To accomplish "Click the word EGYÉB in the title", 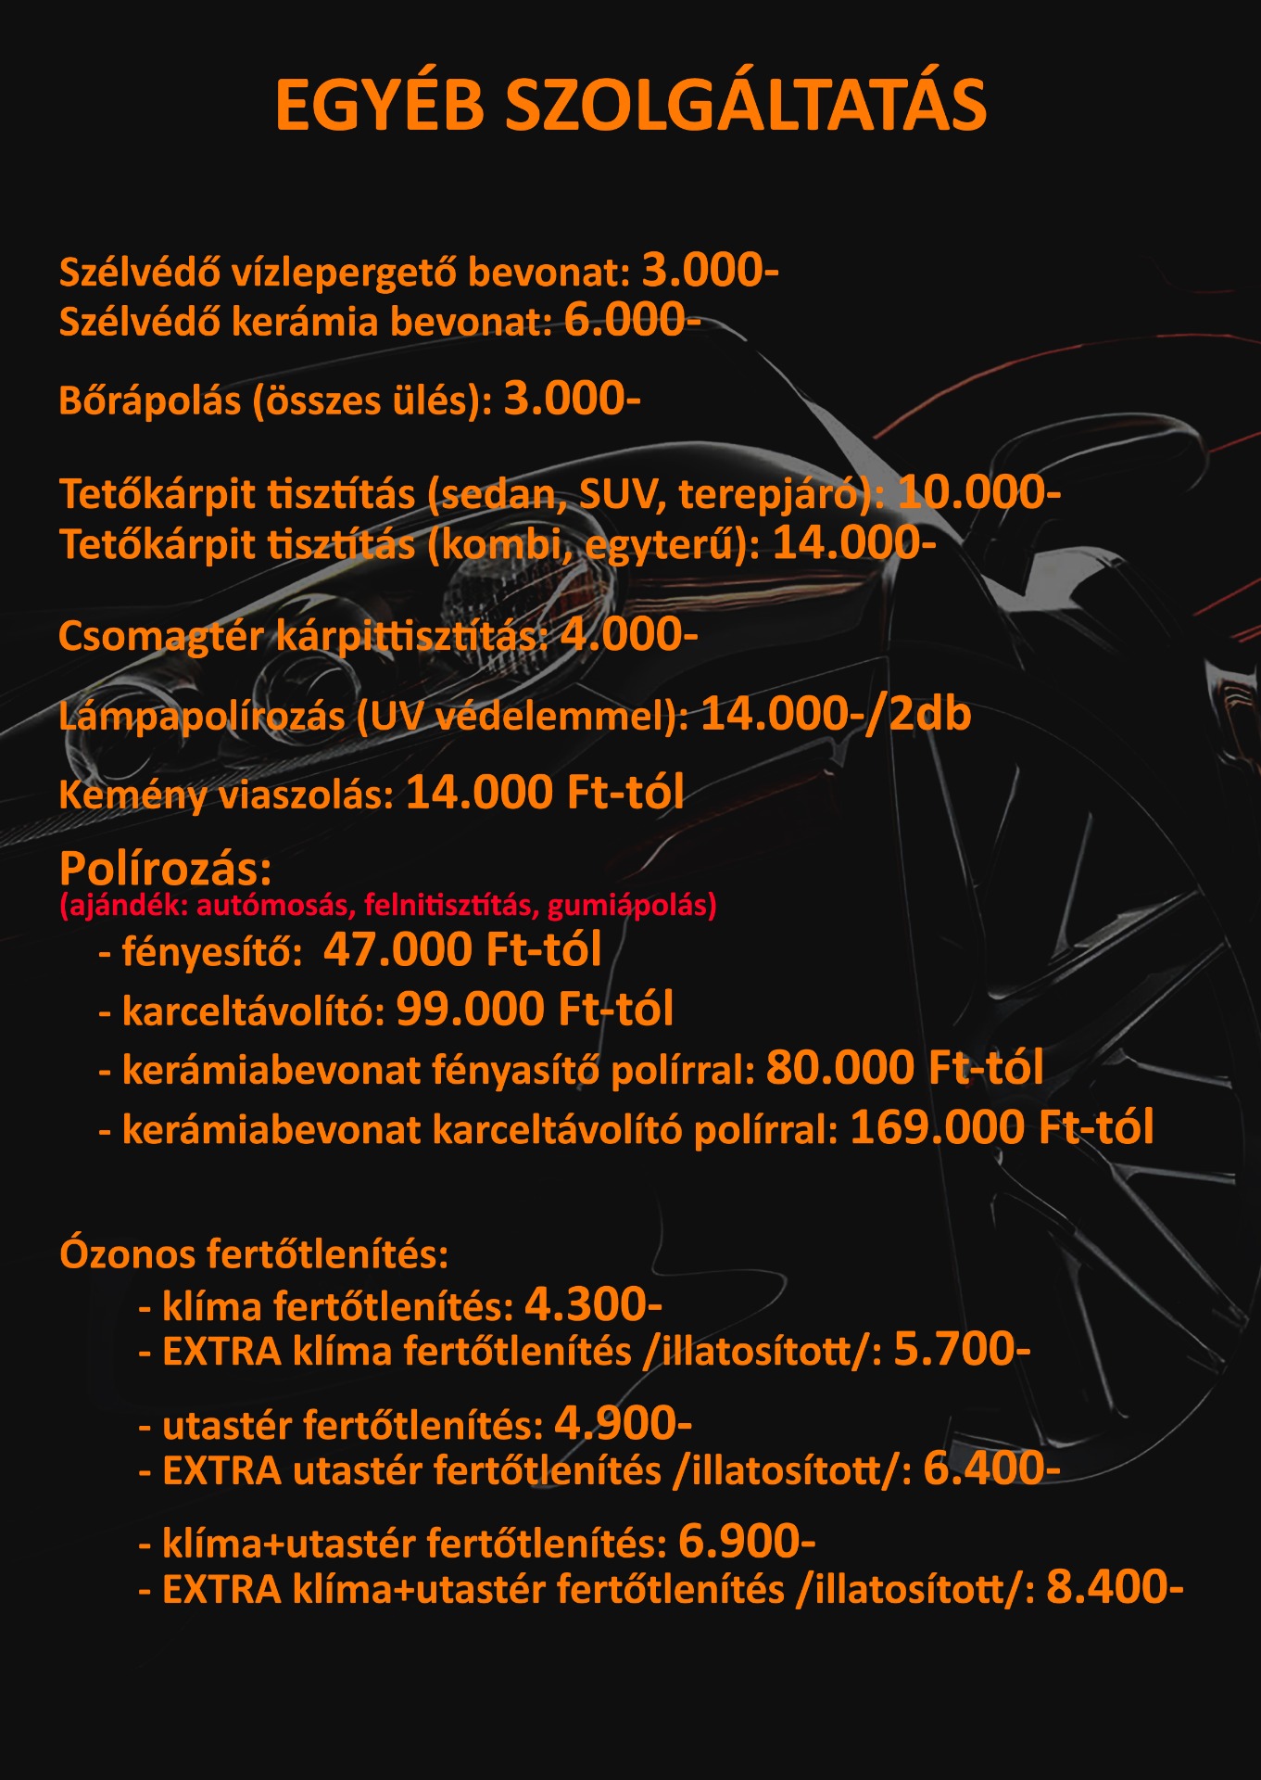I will click(380, 106).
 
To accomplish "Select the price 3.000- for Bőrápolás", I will click(572, 400).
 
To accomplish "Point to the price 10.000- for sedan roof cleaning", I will click(979, 492).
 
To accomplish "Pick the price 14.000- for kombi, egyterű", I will click(854, 543).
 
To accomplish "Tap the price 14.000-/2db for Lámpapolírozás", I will click(836, 715).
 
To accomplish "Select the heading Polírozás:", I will click(166, 869).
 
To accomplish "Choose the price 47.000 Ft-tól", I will click(462, 949).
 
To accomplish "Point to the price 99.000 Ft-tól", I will click(535, 1009).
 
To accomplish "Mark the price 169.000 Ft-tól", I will click(1002, 1128).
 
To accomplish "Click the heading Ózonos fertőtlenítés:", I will click(254, 1254).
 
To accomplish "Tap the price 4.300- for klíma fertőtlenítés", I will click(593, 1305).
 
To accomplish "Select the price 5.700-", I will click(962, 1350).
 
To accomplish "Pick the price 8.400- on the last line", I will click(1115, 1587).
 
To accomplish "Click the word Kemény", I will click(132, 796).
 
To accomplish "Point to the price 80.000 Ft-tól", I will click(904, 1068).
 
